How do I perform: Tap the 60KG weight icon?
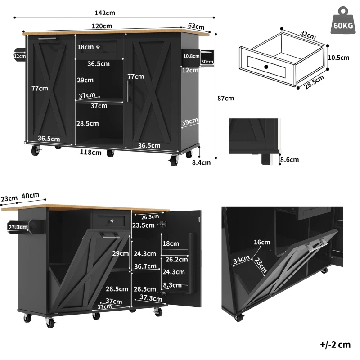pyautogui.click(x=343, y=22)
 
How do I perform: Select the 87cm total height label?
pyautogui.click(x=225, y=98)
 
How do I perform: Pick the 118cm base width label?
pyautogui.click(x=91, y=152)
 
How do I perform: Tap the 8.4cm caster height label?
pyautogui.click(x=202, y=163)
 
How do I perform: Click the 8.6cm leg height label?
pyautogui.click(x=289, y=159)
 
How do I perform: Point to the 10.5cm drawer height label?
pyautogui.click(x=338, y=58)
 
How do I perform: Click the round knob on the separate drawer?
pyautogui.click(x=266, y=67)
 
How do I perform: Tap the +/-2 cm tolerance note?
pyautogui.click(x=335, y=345)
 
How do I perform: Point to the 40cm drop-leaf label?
pyautogui.click(x=31, y=196)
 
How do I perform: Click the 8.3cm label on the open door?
pyautogui.click(x=173, y=285)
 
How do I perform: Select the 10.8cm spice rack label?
pyautogui.click(x=191, y=56)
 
